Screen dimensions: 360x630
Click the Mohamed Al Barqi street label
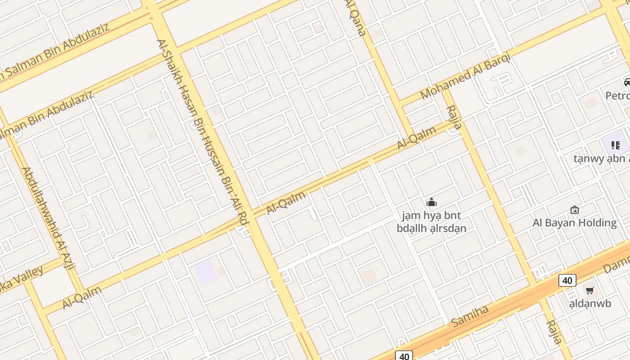click(465, 76)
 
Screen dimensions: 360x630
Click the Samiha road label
click(470, 315)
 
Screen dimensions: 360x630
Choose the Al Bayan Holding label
click(574, 223)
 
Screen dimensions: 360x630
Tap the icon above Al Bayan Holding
click(575, 210)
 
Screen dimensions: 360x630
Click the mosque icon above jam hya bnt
click(432, 202)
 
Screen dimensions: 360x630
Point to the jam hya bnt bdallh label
click(431, 222)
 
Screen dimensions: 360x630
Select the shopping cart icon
click(589, 290)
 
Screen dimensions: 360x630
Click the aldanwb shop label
click(590, 304)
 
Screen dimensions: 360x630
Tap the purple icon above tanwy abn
click(615, 145)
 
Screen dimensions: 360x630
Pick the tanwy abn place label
click(601, 158)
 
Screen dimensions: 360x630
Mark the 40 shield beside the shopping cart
click(567, 281)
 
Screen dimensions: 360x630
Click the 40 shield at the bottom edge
click(404, 356)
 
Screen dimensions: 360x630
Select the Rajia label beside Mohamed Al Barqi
click(454, 117)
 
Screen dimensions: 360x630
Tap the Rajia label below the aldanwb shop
click(554, 332)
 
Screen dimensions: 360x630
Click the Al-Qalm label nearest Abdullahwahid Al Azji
click(82, 297)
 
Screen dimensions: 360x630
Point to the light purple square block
click(205, 272)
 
